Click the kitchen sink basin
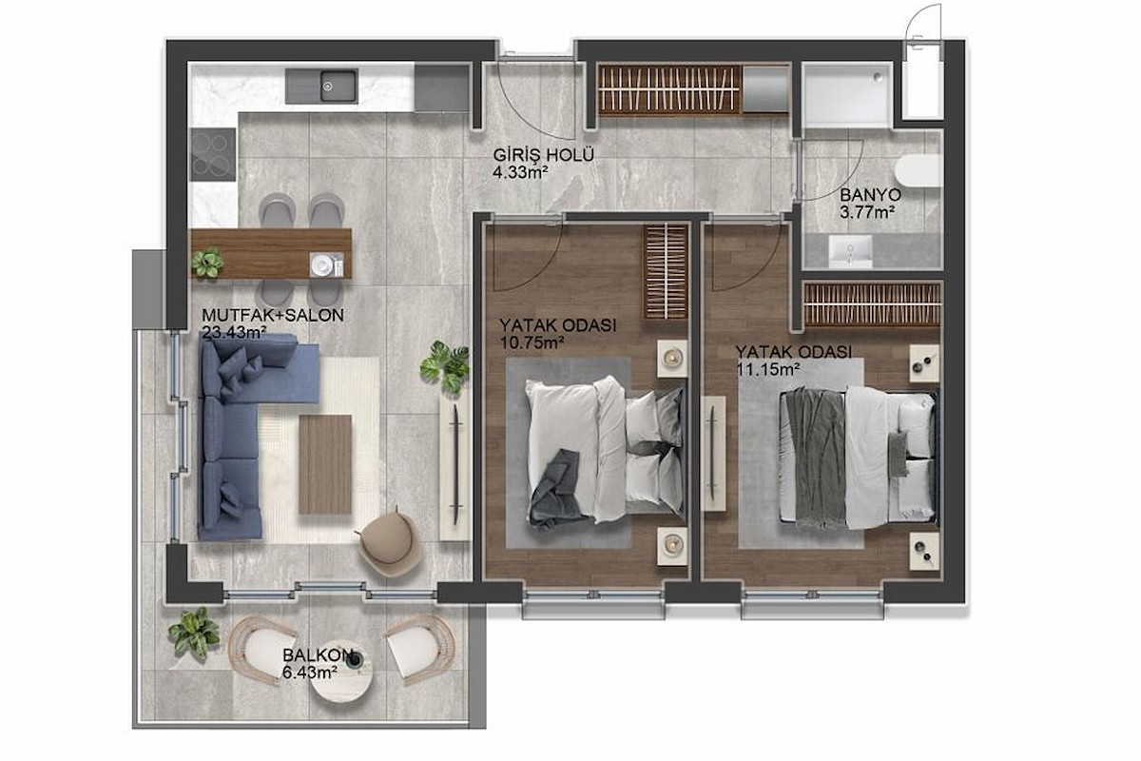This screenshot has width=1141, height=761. tap(338, 86)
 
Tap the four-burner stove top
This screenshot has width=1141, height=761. tap(213, 154)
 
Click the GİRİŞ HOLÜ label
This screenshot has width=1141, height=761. tap(544, 155)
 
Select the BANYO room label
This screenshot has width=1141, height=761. tap(871, 195)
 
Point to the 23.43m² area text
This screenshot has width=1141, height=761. tap(234, 333)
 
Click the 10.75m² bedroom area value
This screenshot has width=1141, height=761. tap(532, 342)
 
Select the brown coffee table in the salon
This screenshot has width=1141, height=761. tap(325, 464)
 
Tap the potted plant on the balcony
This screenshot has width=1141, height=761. tap(195, 634)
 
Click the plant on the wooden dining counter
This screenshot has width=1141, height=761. tap(207, 263)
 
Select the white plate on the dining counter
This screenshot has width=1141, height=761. tap(322, 265)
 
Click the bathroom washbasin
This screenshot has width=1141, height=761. tap(850, 251)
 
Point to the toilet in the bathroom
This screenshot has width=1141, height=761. tap(918, 170)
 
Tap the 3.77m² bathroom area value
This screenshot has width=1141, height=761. tap(867, 212)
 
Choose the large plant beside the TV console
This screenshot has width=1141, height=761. tap(445, 366)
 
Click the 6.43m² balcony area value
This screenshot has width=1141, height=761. tap(310, 673)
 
